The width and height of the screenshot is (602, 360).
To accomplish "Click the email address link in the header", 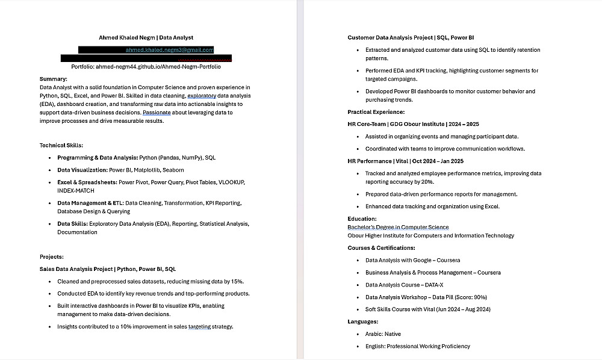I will [x=169, y=50].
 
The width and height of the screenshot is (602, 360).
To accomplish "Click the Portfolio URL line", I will [x=146, y=66].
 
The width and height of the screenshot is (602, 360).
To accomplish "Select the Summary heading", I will [x=54, y=79].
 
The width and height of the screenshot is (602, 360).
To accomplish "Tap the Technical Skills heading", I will [x=61, y=145].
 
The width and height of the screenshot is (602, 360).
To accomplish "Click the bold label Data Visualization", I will [x=82, y=170].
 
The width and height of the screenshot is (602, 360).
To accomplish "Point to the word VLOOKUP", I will [x=232, y=182].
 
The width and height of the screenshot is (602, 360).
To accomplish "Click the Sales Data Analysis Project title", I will [x=76, y=269].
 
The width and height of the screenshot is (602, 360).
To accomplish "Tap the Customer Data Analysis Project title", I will [x=389, y=37].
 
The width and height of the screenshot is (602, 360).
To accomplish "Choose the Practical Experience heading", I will [x=376, y=112].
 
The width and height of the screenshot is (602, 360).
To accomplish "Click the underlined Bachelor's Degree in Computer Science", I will [x=398, y=227].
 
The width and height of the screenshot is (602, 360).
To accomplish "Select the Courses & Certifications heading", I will [x=381, y=247].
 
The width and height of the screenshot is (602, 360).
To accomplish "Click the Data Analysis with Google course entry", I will [x=412, y=260].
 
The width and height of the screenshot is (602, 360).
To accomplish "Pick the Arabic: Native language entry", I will [x=383, y=334].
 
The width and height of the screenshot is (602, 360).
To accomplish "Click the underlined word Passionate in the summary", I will [x=157, y=112].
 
